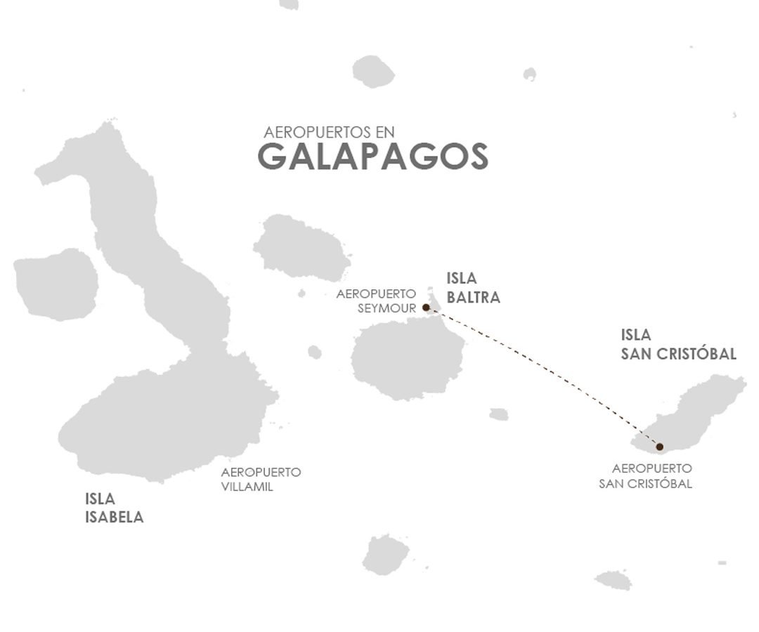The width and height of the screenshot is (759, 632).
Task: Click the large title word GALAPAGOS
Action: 373,157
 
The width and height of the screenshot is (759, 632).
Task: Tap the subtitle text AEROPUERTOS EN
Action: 330,132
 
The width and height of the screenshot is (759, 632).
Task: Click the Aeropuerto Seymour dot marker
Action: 426,307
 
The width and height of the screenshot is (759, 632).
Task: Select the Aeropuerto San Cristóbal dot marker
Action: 659,447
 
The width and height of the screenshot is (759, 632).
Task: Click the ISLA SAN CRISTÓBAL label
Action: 678,344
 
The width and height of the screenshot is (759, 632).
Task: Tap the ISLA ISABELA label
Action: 114,508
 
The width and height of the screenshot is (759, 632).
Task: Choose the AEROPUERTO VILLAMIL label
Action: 261,479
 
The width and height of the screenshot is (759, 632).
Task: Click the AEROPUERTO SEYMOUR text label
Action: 376,300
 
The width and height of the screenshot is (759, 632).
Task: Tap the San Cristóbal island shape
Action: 696,411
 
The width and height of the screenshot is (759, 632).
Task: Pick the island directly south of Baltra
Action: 406,362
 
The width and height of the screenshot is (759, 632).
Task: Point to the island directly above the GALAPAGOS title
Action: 373,71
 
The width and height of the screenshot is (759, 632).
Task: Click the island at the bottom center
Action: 385,554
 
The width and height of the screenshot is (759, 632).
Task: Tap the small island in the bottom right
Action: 614,580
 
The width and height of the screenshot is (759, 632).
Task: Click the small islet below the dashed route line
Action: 499,414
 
